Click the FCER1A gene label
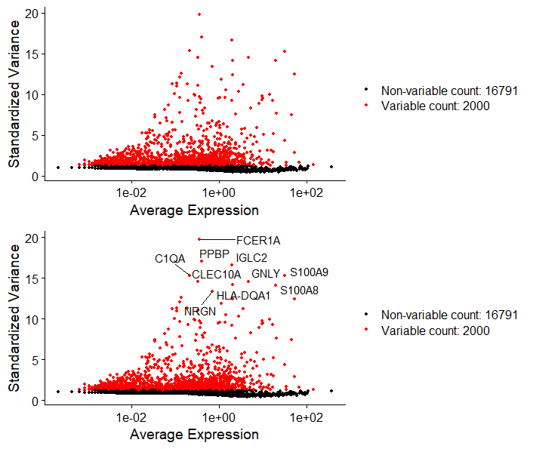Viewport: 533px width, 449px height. tap(258, 241)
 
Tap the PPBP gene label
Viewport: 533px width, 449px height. tap(214, 254)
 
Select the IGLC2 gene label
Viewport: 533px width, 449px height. tap(251, 258)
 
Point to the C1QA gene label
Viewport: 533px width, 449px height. tap(170, 259)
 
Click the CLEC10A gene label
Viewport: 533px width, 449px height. tap(216, 275)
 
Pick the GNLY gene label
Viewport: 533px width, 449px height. tap(266, 273)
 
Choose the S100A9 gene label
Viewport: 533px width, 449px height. tap(309, 272)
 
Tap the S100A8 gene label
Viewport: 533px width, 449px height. tap(299, 290)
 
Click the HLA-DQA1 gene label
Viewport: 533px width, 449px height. tap(243, 296)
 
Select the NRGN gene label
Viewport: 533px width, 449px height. tap(200, 311)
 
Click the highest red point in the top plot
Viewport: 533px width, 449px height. tap(199, 14)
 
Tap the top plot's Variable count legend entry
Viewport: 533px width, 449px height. tap(435, 106)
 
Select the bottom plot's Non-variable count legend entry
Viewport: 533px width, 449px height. tap(449, 315)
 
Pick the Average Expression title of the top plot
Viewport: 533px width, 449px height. tap(194, 211)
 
